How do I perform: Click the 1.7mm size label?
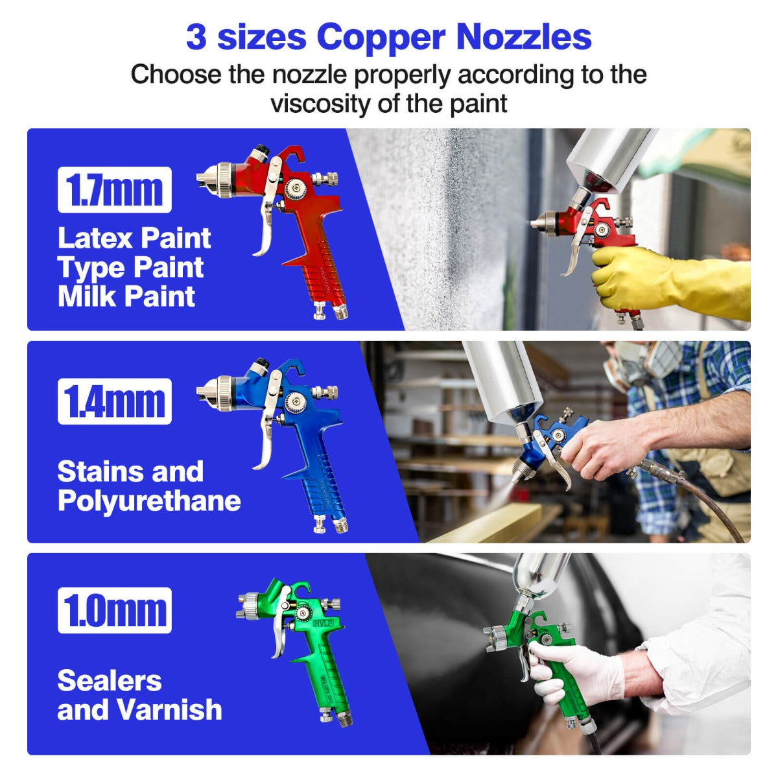point(115,190)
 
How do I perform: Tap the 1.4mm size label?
point(115,401)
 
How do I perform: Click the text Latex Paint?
point(134,238)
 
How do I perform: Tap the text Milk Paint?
point(126,296)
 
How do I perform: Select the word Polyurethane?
point(149,501)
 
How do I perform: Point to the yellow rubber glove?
point(668,282)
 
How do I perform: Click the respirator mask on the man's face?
point(642,363)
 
